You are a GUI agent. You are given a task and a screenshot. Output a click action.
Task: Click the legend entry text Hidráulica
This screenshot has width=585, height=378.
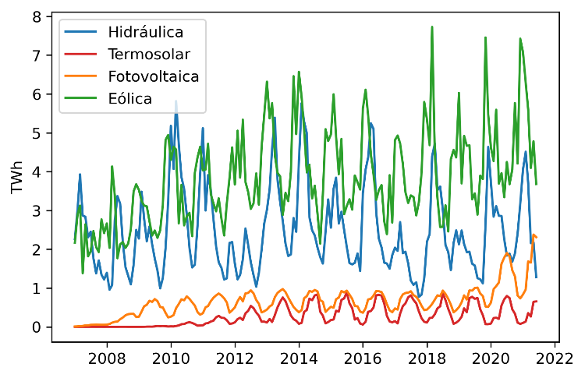146,33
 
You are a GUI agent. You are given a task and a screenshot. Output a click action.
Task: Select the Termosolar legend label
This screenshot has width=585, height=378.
149,55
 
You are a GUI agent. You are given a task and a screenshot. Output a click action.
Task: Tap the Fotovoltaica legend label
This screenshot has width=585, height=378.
154,76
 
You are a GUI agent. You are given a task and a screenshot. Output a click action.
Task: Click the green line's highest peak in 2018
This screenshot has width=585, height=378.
432,26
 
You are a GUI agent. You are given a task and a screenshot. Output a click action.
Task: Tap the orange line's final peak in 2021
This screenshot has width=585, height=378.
534,235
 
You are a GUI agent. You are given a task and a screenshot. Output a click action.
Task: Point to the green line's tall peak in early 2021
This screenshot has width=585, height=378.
520,38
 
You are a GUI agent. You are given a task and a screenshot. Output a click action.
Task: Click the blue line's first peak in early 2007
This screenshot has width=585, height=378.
80,175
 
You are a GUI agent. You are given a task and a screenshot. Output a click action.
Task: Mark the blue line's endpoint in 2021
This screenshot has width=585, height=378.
537,277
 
